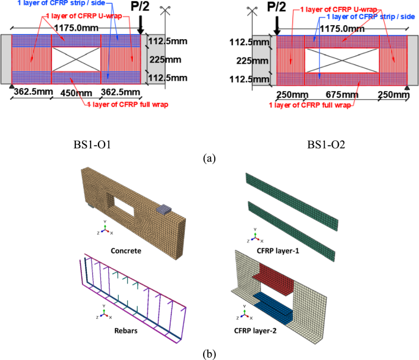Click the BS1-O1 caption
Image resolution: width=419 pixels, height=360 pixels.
click(97, 144)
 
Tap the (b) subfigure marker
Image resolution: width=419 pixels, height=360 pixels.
click(209, 354)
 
